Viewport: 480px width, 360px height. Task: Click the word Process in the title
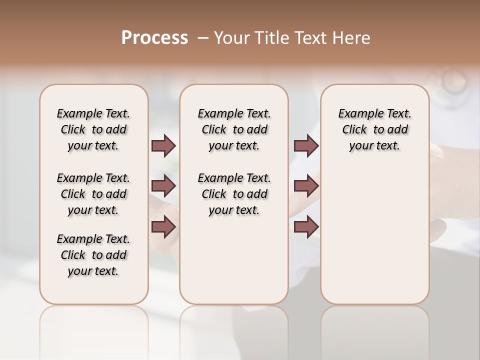pyautogui.click(x=154, y=38)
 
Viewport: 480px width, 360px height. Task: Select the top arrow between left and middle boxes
pyautogui.click(x=163, y=145)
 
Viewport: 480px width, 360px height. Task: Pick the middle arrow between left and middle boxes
pyautogui.click(x=163, y=186)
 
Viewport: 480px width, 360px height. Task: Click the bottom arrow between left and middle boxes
pyautogui.click(x=163, y=227)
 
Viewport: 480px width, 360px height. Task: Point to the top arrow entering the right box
pyautogui.click(x=306, y=145)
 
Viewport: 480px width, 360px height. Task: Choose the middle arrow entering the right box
pyautogui.click(x=306, y=186)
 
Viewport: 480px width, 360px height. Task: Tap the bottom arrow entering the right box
pyautogui.click(x=306, y=227)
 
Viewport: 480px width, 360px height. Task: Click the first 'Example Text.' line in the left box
pyautogui.click(x=93, y=113)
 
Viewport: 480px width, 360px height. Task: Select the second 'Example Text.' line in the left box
pyautogui.click(x=93, y=178)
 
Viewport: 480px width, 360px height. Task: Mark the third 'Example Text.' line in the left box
pyautogui.click(x=93, y=239)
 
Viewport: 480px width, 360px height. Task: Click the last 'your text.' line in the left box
pyautogui.click(x=93, y=271)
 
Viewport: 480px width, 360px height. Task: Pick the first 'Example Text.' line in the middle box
pyautogui.click(x=234, y=113)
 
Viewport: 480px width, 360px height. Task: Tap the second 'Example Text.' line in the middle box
pyautogui.click(x=234, y=178)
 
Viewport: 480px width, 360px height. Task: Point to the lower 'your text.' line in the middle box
pyautogui.click(x=234, y=210)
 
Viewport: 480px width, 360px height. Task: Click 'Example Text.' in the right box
pyautogui.click(x=375, y=113)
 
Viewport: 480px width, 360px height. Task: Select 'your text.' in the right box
pyautogui.click(x=375, y=145)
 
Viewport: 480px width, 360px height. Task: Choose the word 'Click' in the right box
pyautogui.click(x=354, y=129)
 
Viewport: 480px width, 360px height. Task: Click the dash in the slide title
pyautogui.click(x=203, y=38)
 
